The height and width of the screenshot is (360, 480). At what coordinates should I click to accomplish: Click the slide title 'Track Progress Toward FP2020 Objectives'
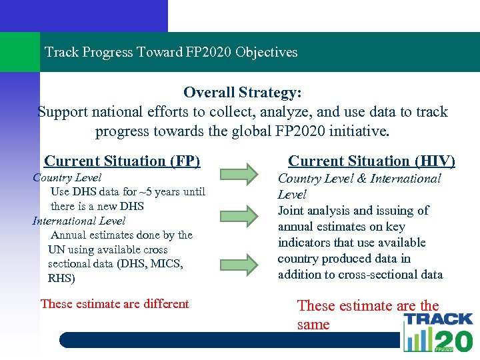point(171,52)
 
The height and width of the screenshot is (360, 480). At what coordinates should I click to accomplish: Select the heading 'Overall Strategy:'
point(243,92)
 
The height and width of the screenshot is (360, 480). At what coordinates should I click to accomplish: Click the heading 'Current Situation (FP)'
point(122,161)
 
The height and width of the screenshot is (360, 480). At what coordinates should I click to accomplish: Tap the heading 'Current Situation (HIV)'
point(371,161)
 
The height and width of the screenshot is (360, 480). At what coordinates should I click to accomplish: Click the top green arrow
point(239,173)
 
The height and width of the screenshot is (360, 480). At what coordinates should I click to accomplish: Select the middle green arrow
point(239,215)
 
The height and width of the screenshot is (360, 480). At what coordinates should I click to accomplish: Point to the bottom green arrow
point(239,263)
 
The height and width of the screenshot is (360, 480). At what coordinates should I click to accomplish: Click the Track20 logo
point(437,332)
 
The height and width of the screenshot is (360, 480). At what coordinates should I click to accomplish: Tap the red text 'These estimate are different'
point(115,304)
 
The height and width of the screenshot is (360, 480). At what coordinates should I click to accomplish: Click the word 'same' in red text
point(313,325)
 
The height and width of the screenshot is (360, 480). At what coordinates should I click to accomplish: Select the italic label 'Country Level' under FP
point(67,177)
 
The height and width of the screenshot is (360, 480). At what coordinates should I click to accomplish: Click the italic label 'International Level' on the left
point(79,221)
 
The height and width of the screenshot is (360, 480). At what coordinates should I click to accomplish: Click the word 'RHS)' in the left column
point(61,279)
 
